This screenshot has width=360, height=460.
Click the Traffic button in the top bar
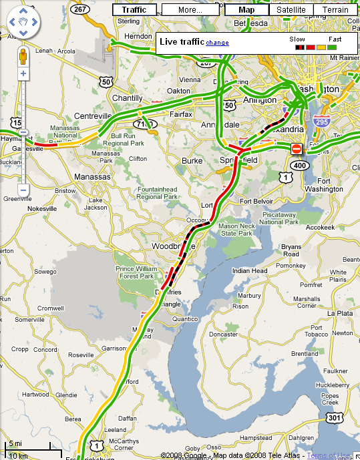[x=134, y=10]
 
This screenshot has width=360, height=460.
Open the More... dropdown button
[x=190, y=10]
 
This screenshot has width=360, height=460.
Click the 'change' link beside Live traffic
[x=217, y=43]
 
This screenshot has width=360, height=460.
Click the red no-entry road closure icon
[x=297, y=148]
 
